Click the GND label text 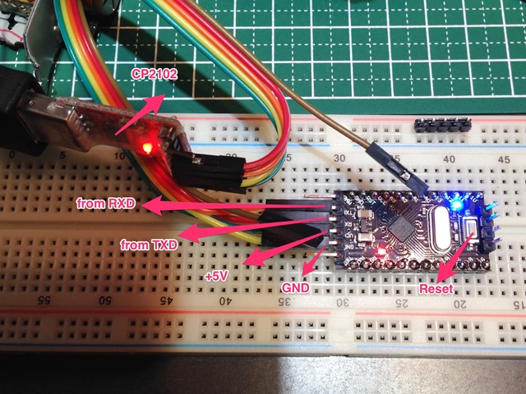click(x=295, y=290)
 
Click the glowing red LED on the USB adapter click(x=146, y=149)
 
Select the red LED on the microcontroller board click(x=381, y=250)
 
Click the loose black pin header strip click(x=439, y=126)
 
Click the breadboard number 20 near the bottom click(x=458, y=304)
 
